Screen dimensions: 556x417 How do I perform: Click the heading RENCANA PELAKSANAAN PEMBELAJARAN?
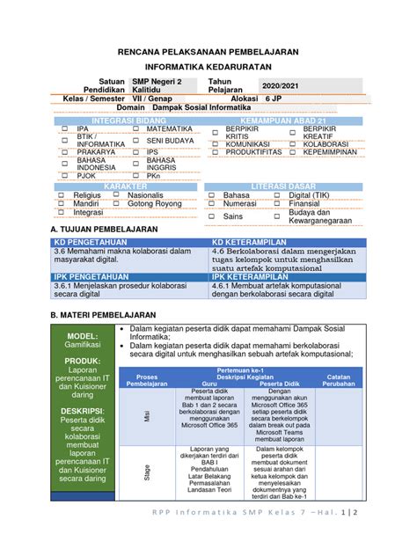(x=208, y=52)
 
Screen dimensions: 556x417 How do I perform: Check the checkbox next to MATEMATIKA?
(x=135, y=128)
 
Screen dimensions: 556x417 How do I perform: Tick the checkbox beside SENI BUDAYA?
(x=135, y=140)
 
